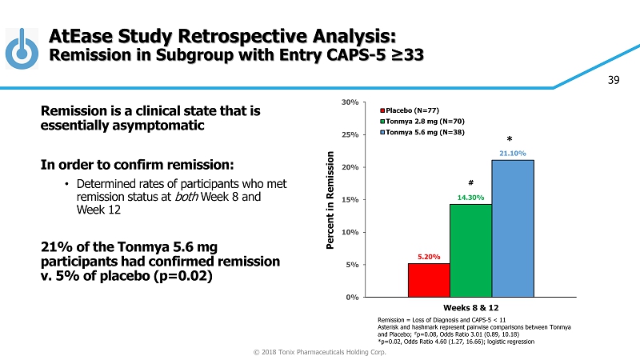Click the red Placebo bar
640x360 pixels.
coord(428,280)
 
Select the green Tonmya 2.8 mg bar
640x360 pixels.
coord(470,250)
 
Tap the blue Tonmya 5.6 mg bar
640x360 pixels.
coord(513,228)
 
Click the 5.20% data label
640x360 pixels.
coord(428,257)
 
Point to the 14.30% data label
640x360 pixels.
coord(470,197)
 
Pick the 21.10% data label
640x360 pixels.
coord(513,153)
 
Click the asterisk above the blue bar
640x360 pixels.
coord(510,138)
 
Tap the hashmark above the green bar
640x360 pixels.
coord(470,182)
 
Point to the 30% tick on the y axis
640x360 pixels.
coord(350,102)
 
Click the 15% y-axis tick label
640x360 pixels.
coord(350,200)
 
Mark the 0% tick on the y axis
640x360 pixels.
coord(353,297)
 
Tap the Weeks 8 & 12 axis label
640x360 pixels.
coord(470,307)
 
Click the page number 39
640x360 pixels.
coord(614,79)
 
